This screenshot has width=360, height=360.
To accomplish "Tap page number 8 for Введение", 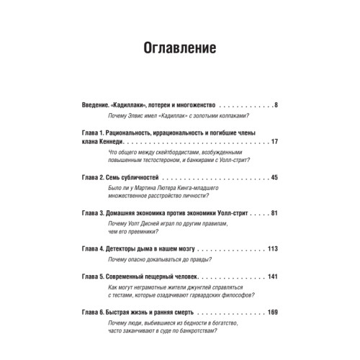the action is point(276,105).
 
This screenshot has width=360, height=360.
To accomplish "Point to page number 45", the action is point(274,176).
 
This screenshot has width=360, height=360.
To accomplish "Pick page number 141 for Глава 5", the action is point(272,277).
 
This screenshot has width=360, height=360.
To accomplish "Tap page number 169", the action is point(272,315).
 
